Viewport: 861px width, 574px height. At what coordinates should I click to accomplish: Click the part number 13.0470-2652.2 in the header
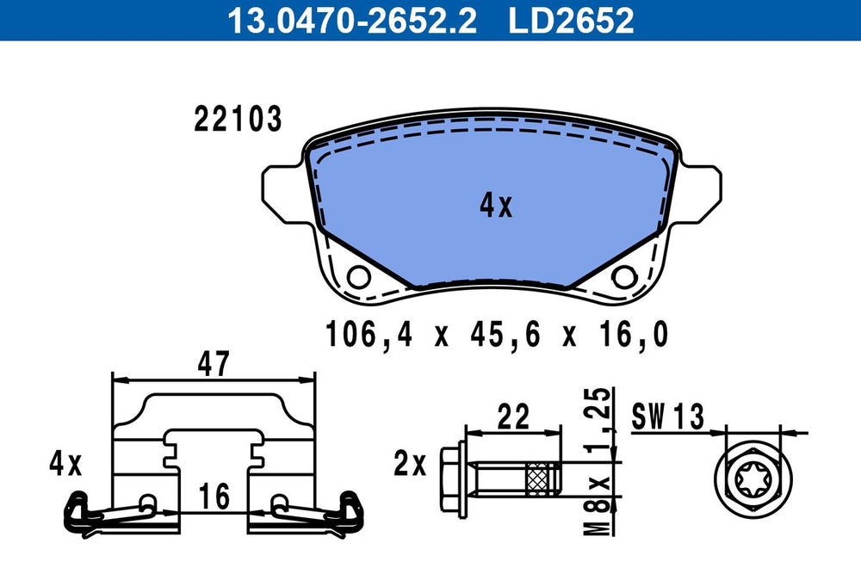click(x=352, y=20)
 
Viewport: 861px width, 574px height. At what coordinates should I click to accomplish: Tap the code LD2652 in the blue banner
click(x=571, y=20)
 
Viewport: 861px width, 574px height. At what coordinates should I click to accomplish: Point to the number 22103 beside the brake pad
click(x=238, y=119)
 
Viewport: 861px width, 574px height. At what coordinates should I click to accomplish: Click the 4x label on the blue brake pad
click(x=496, y=206)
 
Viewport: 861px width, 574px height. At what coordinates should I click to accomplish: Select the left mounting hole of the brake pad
click(x=358, y=276)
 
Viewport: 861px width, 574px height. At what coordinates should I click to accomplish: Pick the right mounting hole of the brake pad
click(x=624, y=276)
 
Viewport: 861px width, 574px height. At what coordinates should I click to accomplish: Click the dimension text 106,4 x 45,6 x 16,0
click(x=497, y=334)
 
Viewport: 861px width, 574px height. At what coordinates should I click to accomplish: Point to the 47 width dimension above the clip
click(x=214, y=363)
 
